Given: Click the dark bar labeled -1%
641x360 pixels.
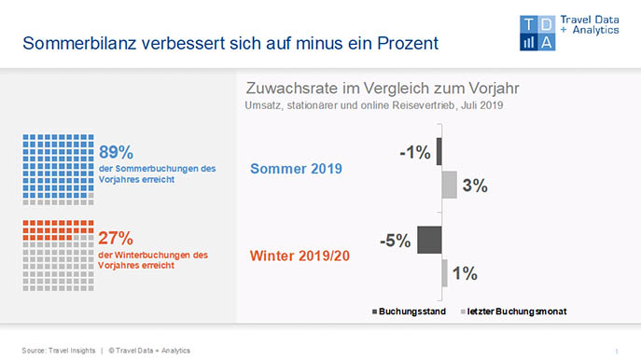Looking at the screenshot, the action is click(x=439, y=152).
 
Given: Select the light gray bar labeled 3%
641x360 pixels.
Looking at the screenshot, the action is click(x=450, y=185).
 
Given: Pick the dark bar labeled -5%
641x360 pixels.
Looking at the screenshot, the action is click(x=429, y=240).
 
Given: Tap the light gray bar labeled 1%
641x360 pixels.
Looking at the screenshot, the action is click(x=445, y=273).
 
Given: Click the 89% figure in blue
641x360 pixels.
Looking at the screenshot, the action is click(x=116, y=152).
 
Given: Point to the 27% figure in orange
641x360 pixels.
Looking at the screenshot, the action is click(x=116, y=238).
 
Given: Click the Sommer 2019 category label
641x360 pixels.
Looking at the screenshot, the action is click(x=296, y=169).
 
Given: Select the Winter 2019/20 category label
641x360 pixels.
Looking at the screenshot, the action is click(x=300, y=256).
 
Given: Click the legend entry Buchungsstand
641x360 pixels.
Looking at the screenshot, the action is click(x=409, y=312).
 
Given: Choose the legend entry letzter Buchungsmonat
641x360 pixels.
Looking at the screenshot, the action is click(x=514, y=312).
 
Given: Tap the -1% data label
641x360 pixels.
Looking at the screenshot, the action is click(x=415, y=152).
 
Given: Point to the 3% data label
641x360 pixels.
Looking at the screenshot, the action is click(x=475, y=186).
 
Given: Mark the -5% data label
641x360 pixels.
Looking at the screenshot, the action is click(x=396, y=241).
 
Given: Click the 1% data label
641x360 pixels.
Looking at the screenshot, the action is click(x=465, y=273).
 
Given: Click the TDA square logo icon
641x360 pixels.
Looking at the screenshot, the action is click(x=537, y=33).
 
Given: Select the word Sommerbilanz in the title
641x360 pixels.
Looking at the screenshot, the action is click(x=79, y=43).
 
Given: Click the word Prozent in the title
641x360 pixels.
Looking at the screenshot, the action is click(x=408, y=43).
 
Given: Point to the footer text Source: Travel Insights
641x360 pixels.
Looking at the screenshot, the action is click(x=59, y=351).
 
